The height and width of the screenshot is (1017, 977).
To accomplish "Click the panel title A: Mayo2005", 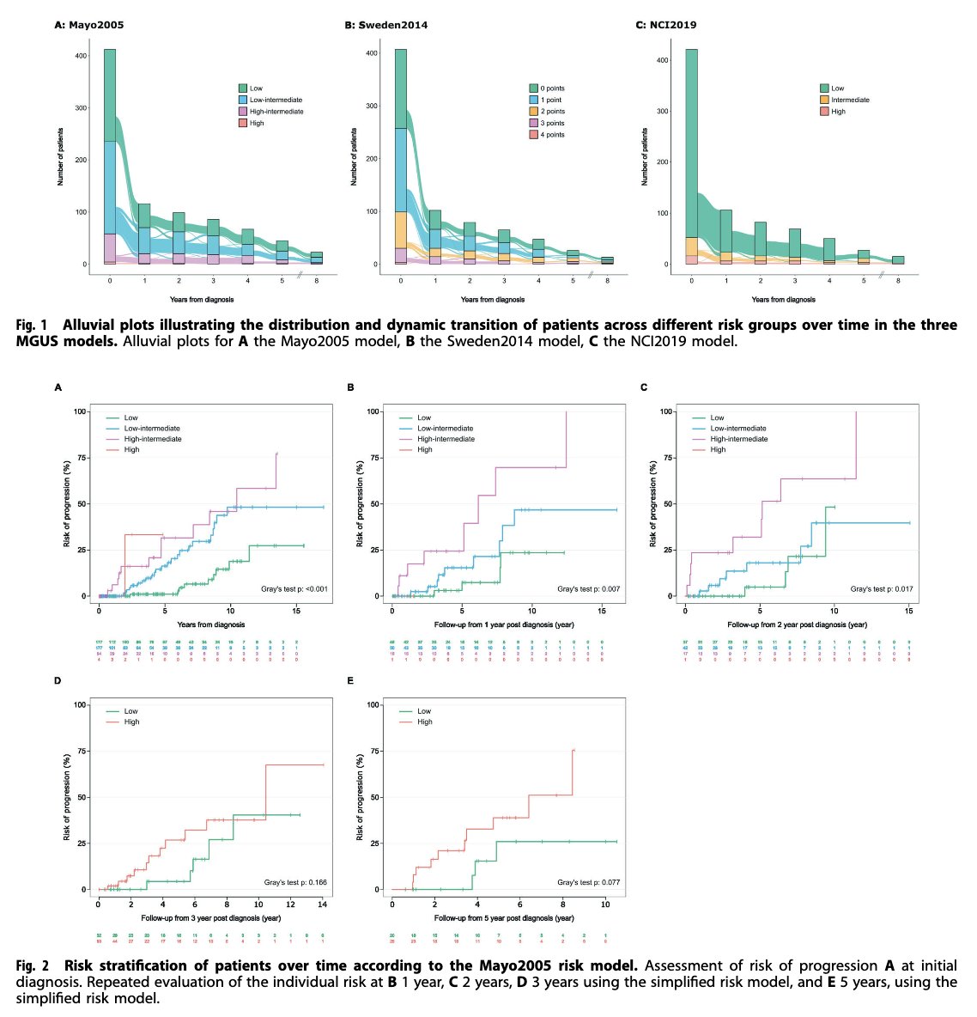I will tap(89, 25).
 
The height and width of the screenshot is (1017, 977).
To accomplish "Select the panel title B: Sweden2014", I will tap(385, 25).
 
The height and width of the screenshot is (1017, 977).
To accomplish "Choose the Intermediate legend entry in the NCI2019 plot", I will tap(849, 100).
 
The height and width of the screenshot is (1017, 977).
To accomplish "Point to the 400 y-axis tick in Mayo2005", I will tap(81, 57).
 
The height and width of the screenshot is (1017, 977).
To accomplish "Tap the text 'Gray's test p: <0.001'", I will tap(294, 589).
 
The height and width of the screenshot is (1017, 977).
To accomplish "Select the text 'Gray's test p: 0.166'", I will tap(296, 883).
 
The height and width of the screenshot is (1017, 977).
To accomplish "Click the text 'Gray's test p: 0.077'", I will tap(588, 883).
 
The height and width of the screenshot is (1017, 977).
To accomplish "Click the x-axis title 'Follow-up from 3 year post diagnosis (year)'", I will tap(211, 917).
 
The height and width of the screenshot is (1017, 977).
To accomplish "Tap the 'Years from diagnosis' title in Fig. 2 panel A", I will tap(211, 624).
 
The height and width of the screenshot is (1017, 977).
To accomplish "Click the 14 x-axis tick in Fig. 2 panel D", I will tap(323, 904).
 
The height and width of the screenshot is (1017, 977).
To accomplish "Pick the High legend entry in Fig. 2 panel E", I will tap(424, 722).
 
